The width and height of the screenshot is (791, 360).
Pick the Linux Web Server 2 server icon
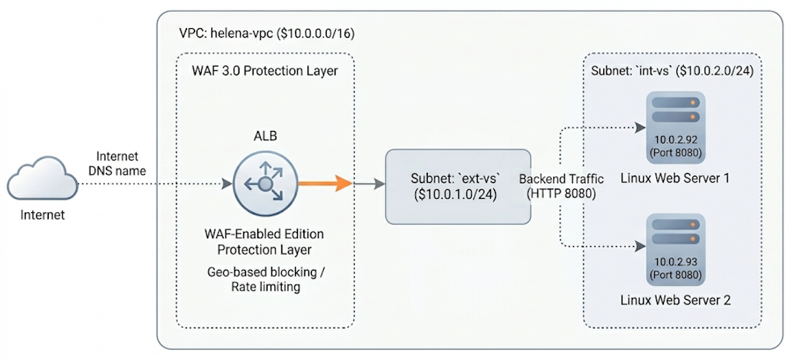pos(673,235)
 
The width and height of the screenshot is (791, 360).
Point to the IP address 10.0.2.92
pos(673,140)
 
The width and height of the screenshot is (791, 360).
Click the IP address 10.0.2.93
pos(673,262)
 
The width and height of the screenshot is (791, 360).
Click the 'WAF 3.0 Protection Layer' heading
pos(265,71)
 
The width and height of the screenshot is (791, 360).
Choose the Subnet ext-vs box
pos(458,186)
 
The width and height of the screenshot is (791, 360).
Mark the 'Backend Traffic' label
pos(562,179)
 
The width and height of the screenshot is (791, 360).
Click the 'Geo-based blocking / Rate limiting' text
pos(265,279)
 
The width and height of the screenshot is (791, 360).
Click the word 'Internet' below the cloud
pos(41,216)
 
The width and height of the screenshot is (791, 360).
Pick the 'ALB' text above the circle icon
pos(264,136)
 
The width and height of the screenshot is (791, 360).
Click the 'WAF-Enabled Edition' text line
pos(264,234)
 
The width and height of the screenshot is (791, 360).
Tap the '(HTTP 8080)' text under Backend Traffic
pos(562,194)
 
